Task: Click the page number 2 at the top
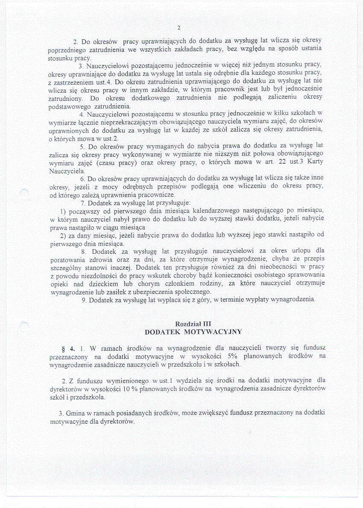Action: click(179, 28)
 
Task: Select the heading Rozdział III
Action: click(193, 324)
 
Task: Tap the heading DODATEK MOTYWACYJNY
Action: click(193, 332)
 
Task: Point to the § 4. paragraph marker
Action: click(68, 349)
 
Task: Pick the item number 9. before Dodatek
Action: click(85, 300)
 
